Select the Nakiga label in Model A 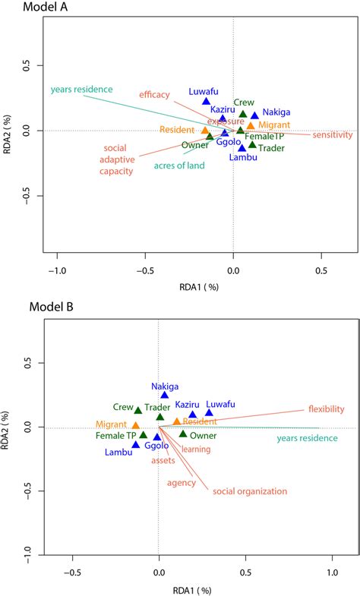276,112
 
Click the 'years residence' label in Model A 81,90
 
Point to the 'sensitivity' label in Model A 333,135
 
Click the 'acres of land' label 179,164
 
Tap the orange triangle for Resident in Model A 205,131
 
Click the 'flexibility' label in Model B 326,408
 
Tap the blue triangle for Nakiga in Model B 165,396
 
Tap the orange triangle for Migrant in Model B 136,426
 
